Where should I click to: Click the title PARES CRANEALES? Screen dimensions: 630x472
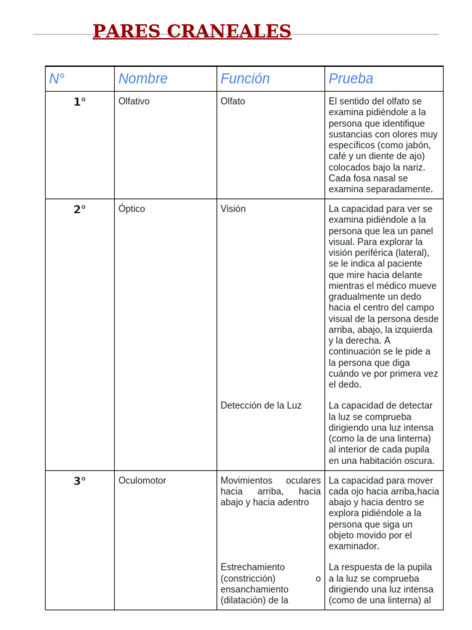pos(192,31)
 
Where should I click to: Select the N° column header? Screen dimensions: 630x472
pos(57,79)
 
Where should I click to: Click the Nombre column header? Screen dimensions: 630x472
pos(143,79)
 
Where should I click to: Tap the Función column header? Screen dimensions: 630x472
pos(245,79)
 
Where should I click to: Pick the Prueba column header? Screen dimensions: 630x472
pos(351,79)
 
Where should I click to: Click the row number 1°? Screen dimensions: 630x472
pos(79,102)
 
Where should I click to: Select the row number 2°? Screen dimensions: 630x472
pos(79,209)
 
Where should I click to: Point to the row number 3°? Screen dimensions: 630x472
pos(79,481)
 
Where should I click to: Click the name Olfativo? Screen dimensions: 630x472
pos(133,101)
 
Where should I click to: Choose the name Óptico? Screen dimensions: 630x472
pos(132,209)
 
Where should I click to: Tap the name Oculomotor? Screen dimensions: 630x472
pos(142,480)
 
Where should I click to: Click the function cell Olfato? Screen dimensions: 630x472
pos(232,101)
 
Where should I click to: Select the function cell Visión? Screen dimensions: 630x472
pos(233,209)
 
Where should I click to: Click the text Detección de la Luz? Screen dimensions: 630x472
pos(261,405)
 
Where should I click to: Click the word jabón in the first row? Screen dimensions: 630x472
pos(416,145)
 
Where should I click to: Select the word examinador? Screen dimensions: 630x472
pos(354,546)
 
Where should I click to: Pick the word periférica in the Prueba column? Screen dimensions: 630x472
pos(374,253)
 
